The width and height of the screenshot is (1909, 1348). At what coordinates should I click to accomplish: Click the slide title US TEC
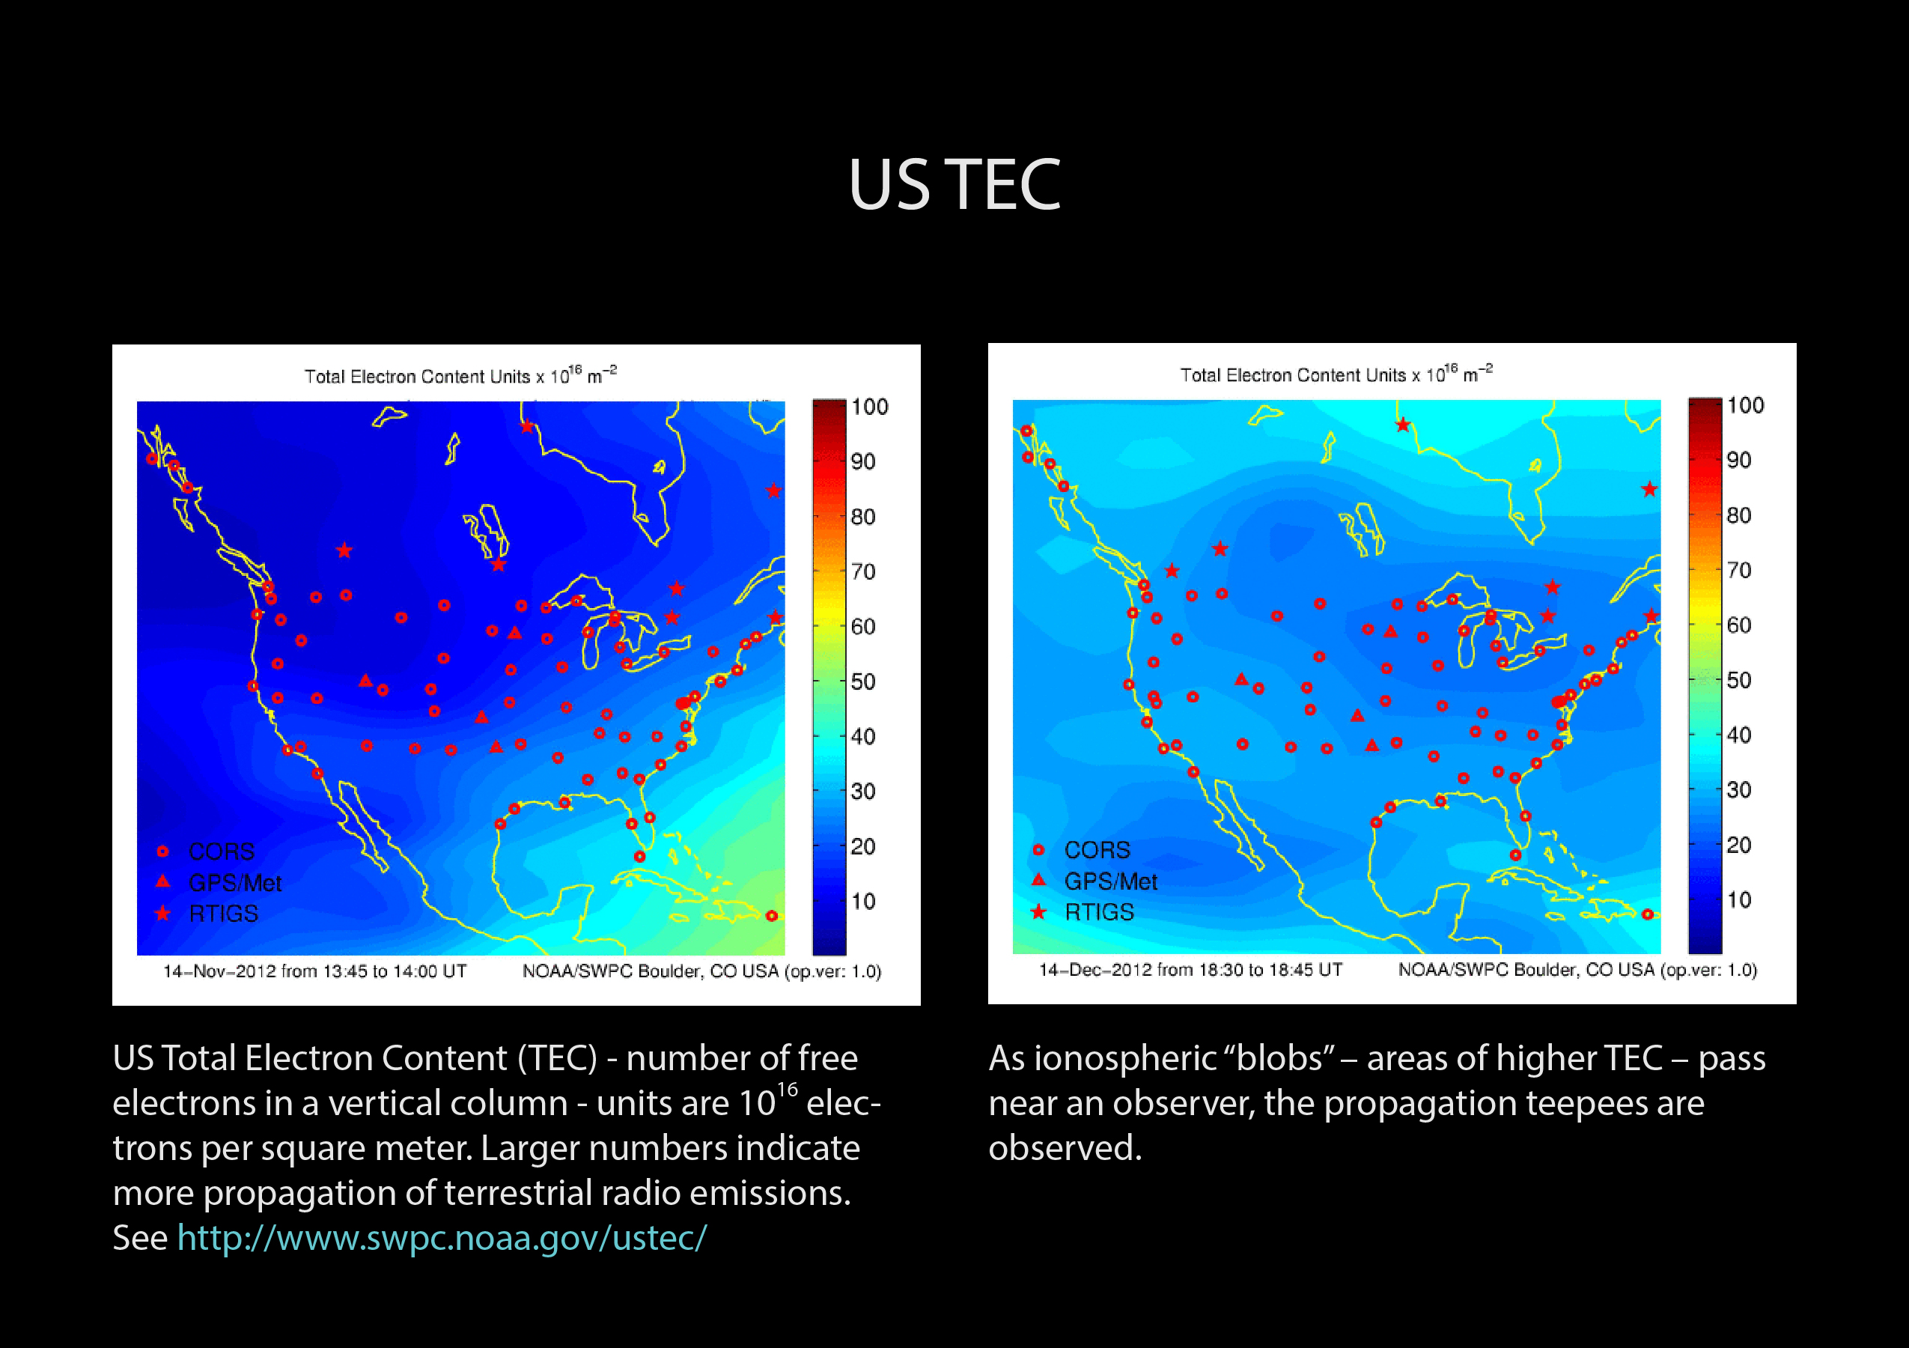point(954,185)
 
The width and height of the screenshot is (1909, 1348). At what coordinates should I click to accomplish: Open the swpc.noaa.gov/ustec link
point(442,1238)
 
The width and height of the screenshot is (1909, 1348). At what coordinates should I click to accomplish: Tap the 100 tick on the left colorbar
point(870,407)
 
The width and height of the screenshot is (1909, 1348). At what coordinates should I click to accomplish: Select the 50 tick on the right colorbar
point(1739,680)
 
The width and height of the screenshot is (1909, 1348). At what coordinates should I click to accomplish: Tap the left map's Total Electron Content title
point(460,375)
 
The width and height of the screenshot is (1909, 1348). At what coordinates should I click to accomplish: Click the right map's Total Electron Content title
point(1336,374)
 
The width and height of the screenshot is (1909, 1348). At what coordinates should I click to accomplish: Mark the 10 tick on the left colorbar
point(863,902)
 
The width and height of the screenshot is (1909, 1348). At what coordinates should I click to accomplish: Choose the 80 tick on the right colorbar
point(1739,515)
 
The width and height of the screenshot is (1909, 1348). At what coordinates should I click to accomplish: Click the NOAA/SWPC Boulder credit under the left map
point(701,971)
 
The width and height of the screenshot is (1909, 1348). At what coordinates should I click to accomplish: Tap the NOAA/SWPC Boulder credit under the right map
point(1577,970)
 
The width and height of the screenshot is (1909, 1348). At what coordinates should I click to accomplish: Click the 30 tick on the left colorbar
point(863,792)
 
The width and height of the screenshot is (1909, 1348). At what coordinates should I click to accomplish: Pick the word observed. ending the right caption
point(1065,1148)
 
